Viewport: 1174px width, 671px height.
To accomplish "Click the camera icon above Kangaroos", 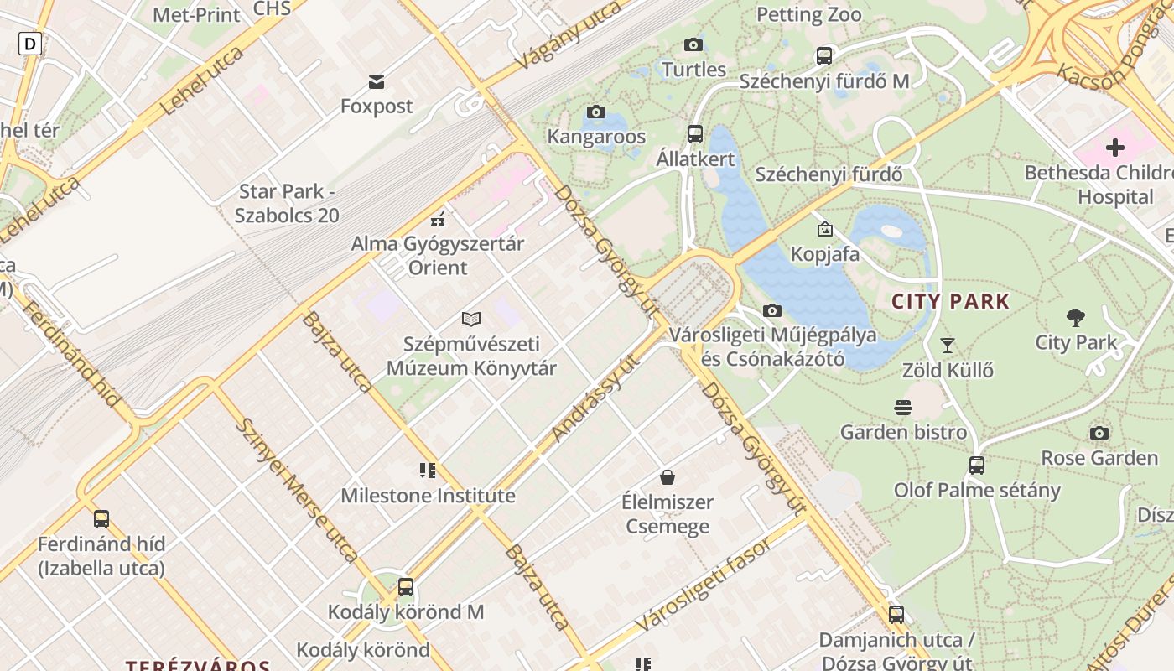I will [x=596, y=112].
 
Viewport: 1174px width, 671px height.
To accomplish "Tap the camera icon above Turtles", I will [x=693, y=44].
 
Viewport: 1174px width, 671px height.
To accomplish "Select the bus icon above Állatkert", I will [x=694, y=133].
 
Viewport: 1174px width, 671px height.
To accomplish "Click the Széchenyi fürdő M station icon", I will [x=824, y=56].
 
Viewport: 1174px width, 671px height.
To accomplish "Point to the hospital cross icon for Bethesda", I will [x=1114, y=148].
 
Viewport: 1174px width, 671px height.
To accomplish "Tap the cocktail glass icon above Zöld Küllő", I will [x=948, y=345].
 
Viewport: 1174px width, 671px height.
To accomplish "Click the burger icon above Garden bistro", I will [x=903, y=408].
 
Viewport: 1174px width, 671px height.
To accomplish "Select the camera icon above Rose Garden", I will [x=1099, y=433].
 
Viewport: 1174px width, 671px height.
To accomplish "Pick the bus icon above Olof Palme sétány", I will [x=977, y=465].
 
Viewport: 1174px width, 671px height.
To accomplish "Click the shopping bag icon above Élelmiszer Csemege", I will [x=667, y=477].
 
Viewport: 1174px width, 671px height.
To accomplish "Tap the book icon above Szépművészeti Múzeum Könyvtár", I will [x=471, y=319].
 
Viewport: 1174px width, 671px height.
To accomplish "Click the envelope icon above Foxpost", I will [x=377, y=81].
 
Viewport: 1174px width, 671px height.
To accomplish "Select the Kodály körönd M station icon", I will [x=406, y=587].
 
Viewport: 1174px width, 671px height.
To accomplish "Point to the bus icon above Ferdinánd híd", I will [x=101, y=519].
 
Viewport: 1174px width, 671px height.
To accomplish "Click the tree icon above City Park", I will [x=1076, y=317].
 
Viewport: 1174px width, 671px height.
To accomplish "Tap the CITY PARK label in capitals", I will [x=950, y=302].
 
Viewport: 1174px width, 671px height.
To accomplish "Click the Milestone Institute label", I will [x=428, y=496].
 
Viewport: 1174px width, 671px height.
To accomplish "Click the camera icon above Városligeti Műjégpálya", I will [x=772, y=310].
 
